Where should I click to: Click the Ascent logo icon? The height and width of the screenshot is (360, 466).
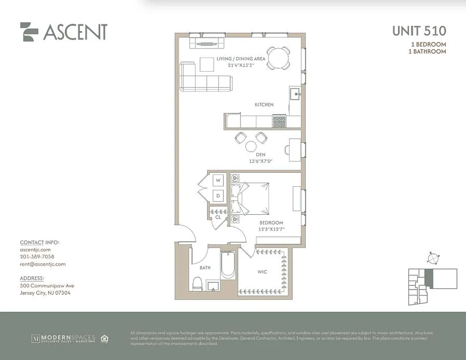[29, 32]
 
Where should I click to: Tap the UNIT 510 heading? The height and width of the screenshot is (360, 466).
[419, 31]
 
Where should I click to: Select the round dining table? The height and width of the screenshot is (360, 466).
[278, 58]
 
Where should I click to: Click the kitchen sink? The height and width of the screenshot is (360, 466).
[295, 94]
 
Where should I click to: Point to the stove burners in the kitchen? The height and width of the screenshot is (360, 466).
[279, 121]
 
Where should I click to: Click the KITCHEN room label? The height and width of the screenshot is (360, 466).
[264, 104]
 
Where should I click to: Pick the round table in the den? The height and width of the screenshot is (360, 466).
[251, 146]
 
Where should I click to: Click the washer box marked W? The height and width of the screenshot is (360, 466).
[218, 180]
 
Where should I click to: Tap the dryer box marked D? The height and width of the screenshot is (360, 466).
[218, 196]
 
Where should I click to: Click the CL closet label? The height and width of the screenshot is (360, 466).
[218, 217]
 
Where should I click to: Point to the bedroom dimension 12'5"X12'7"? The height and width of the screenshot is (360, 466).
[271, 229]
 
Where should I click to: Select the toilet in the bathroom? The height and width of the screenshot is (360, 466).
[197, 283]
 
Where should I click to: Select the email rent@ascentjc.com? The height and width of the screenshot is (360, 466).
[43, 264]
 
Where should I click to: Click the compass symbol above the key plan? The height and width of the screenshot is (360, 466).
[434, 258]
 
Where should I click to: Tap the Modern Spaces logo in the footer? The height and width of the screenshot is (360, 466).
[63, 338]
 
